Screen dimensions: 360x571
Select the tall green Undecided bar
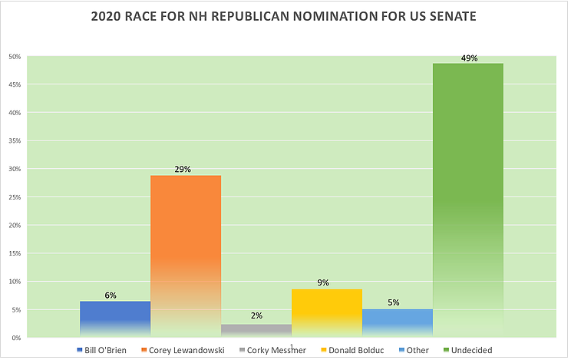[x=468, y=200]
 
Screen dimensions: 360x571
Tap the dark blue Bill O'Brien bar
[x=115, y=319]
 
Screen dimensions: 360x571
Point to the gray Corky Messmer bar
[x=256, y=331]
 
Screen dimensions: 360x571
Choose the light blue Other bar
[x=398, y=323]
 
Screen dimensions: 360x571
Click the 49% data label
[x=468, y=58]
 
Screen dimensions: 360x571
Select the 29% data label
[x=186, y=170]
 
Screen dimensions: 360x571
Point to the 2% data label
[x=256, y=316]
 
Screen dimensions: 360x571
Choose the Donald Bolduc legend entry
[x=335, y=350]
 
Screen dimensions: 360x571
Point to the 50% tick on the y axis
[x=14, y=57]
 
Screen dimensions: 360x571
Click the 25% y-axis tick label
[x=14, y=197]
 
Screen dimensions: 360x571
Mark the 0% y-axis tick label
[x=15, y=338]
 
